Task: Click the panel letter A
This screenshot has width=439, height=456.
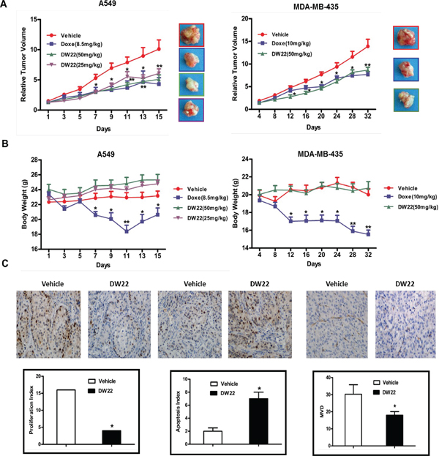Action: (6, 5)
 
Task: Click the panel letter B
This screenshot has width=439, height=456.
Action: (6, 143)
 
